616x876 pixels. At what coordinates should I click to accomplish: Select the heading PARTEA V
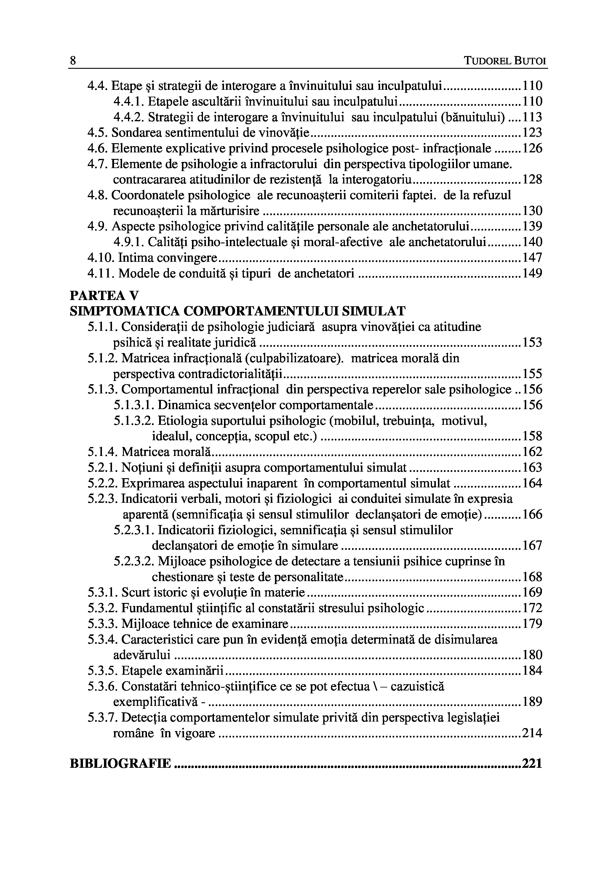point(104,296)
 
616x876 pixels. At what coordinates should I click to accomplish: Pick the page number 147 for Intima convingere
point(532,258)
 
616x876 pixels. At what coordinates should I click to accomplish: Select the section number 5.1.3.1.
point(134,405)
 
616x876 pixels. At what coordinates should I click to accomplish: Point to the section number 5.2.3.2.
point(134,561)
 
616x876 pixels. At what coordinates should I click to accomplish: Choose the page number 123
point(532,133)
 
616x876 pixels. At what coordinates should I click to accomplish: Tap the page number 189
point(532,702)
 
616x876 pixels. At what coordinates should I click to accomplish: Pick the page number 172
point(532,608)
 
